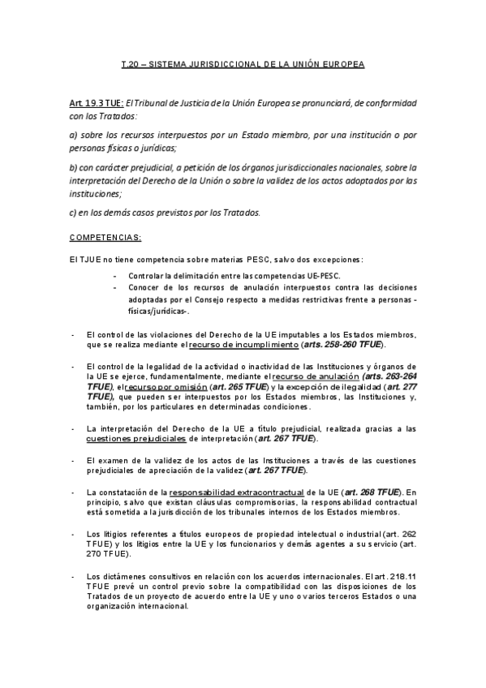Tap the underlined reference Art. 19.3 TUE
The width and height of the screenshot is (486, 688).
click(96, 105)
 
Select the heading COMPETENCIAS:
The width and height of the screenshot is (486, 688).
click(105, 237)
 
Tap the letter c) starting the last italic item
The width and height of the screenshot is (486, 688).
click(72, 213)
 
